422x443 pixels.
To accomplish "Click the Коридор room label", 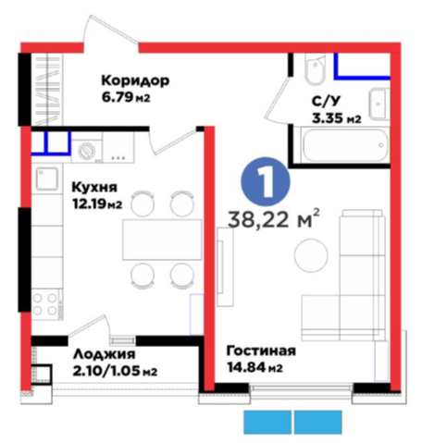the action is [135, 81].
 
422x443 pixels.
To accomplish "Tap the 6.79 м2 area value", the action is [126, 98].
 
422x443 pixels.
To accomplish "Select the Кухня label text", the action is [94, 187].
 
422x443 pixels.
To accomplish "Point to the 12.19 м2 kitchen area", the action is [97, 203].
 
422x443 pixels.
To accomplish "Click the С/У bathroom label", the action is [326, 102].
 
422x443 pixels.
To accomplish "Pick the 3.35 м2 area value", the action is [336, 118].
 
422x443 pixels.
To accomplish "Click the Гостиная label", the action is [261, 351].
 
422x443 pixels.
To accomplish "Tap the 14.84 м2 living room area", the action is [254, 367].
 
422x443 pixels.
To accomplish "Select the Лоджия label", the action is [105, 354].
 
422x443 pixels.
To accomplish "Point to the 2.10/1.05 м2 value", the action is [115, 371].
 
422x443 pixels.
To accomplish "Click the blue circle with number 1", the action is [266, 182].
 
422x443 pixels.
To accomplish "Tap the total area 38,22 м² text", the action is [273, 219].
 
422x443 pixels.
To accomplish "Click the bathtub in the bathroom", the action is [345, 145].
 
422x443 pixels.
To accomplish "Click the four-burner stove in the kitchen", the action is [45, 304].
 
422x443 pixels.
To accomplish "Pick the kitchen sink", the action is [46, 178].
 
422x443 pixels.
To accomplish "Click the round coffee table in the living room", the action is [311, 255].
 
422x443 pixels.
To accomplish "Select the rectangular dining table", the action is [162, 240].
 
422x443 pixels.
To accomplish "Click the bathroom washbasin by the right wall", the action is [379, 104].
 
